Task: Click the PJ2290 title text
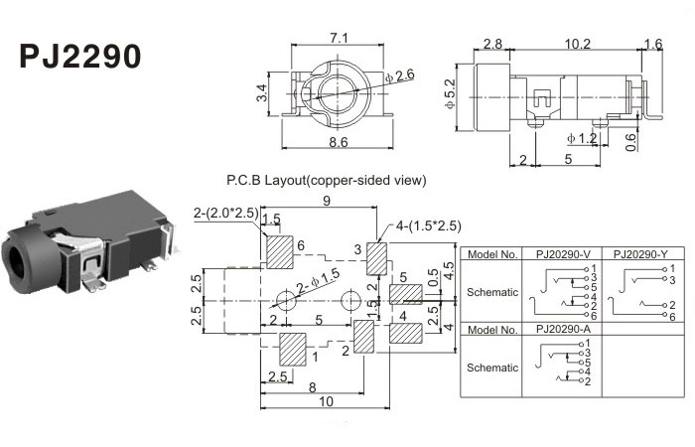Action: pos(81,56)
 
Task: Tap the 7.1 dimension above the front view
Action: pos(338,38)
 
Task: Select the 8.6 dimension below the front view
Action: pos(338,143)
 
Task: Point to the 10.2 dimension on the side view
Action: pos(576,44)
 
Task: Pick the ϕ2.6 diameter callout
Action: pos(401,75)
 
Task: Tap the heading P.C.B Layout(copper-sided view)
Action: pos(327,181)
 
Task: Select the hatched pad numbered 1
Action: pos(293,351)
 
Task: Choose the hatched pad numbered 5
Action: pos(405,295)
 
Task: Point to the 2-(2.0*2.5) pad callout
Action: pos(226,213)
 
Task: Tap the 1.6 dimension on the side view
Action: pos(652,44)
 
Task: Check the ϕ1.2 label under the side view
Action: pos(581,137)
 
